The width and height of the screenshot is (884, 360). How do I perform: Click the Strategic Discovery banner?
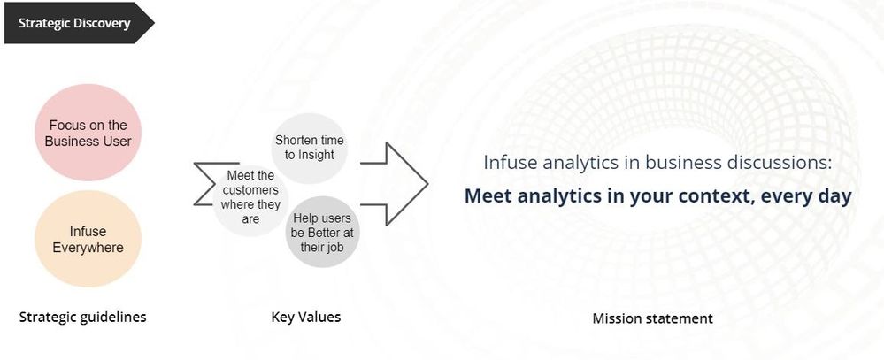78,23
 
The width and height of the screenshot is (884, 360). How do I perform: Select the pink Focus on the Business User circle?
88,133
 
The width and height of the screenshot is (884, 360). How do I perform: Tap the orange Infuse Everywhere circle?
88,239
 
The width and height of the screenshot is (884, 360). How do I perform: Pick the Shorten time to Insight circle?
310,149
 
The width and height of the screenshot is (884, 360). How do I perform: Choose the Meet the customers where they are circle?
250,198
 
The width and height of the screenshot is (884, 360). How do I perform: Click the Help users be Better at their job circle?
322,232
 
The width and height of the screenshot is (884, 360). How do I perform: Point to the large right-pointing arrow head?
407,184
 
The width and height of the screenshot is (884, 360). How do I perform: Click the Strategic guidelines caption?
83,318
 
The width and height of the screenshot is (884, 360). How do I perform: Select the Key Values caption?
306,318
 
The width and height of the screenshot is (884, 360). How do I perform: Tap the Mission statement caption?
653,318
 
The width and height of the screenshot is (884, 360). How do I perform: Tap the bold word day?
833,196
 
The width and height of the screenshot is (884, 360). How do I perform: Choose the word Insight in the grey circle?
318,155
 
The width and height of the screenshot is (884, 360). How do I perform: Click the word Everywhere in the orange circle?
88,248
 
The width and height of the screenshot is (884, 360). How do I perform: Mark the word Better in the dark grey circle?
325,232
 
